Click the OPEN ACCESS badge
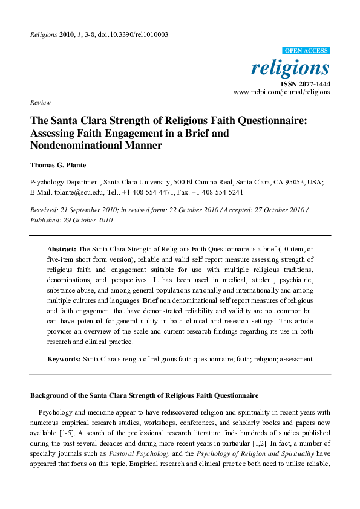click(306, 50)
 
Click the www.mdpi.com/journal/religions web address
click(281, 92)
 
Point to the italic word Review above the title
click(40, 102)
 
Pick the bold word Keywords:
click(64, 359)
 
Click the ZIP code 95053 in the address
click(295, 182)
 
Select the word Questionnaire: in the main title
click(269, 120)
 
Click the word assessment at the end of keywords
click(294, 359)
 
